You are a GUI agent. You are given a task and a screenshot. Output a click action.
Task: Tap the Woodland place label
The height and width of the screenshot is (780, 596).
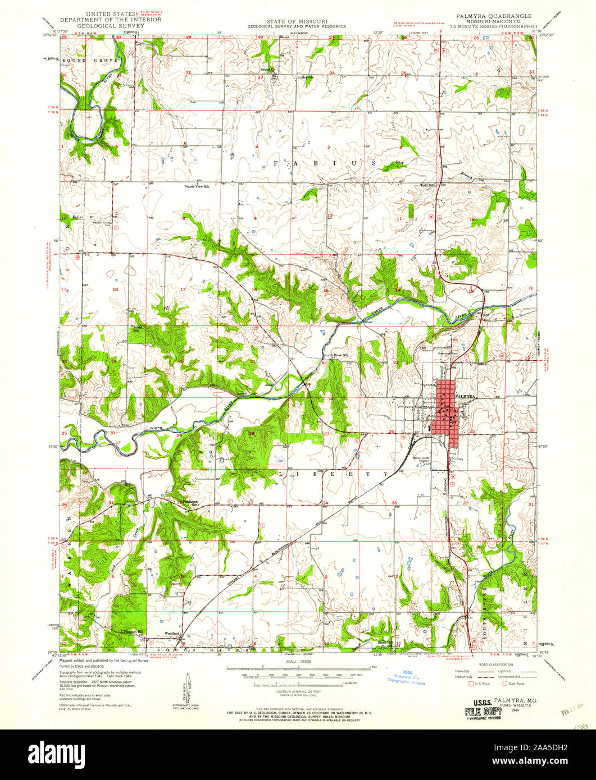click(x=172, y=634)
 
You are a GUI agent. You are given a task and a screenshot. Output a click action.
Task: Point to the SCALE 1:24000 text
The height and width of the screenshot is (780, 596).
click(x=298, y=663)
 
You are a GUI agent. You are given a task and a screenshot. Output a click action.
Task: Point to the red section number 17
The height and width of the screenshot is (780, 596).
click(x=183, y=289)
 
